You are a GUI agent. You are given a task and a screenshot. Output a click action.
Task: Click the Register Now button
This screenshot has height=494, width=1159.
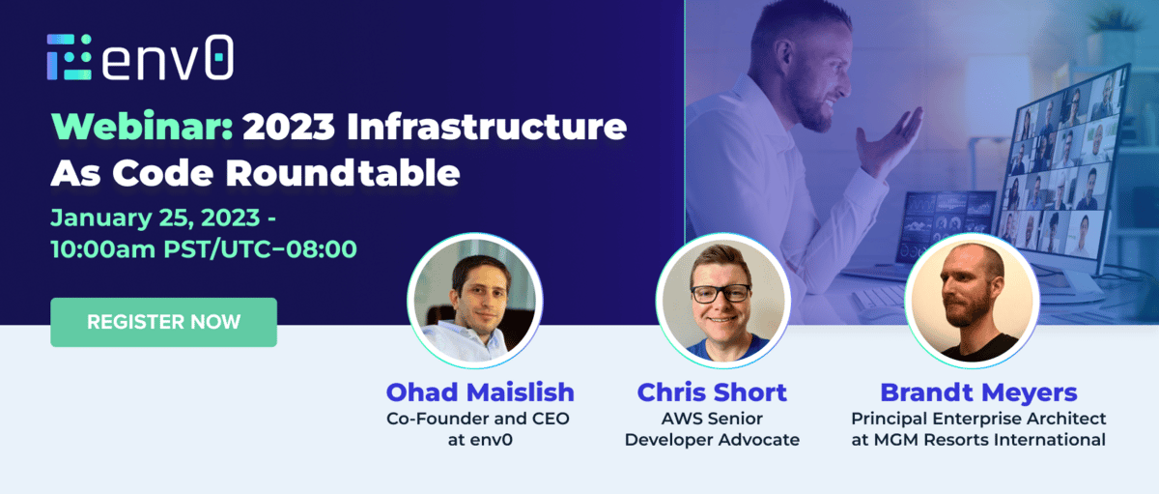[163, 322]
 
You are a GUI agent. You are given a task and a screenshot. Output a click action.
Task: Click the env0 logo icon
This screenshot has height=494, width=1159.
[70, 57]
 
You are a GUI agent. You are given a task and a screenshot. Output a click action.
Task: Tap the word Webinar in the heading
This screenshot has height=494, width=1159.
[142, 126]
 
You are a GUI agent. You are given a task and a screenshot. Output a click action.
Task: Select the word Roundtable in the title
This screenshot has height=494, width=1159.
[343, 172]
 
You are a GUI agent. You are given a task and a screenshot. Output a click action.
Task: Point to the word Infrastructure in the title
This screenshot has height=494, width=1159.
[487, 126]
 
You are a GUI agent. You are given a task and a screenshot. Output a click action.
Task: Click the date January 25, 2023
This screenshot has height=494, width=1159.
[155, 218]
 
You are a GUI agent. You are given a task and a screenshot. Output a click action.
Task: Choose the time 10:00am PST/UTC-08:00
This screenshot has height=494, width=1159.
[204, 249]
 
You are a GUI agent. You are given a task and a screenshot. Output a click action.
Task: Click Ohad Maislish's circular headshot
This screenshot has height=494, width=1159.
[475, 301]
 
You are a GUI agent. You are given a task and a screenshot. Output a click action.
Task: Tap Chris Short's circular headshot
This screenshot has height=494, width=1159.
[723, 301]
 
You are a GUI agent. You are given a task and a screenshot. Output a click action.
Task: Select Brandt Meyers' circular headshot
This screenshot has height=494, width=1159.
[972, 301]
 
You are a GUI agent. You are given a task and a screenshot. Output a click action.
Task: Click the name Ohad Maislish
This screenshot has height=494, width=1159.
[480, 392]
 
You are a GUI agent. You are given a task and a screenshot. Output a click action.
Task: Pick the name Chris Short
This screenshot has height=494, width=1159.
[712, 392]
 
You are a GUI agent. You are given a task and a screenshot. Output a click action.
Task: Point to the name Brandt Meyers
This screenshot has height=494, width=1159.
[978, 392]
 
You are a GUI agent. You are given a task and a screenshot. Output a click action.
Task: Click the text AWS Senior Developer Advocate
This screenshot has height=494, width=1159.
[712, 429]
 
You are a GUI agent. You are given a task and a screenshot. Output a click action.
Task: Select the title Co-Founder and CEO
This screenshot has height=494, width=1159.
[477, 419]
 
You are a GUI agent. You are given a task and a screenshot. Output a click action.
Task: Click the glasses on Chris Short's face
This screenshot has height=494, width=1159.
[721, 294]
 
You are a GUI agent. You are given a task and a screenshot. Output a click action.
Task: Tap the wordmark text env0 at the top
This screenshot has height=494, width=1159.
[167, 57]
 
